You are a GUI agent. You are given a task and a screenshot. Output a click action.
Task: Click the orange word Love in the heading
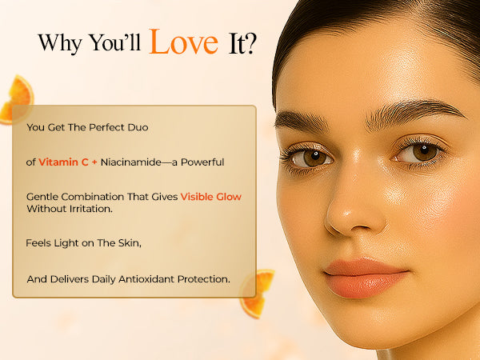pyautogui.click(x=184, y=42)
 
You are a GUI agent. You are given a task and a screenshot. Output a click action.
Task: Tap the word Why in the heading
pyautogui.click(x=60, y=43)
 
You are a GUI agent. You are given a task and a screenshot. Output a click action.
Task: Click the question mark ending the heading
pyautogui.click(x=250, y=43)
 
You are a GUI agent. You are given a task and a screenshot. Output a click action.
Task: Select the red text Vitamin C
pyautogui.click(x=63, y=162)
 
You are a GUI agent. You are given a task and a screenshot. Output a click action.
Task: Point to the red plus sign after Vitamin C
pyautogui.click(x=94, y=162)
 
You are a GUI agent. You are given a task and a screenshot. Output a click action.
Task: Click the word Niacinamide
pyautogui.click(x=130, y=162)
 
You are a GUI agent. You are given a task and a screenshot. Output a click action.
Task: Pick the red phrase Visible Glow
pyautogui.click(x=211, y=197)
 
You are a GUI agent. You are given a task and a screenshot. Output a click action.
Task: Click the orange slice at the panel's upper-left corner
pyautogui.click(x=18, y=99)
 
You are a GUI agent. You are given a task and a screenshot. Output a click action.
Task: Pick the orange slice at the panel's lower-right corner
pyautogui.click(x=257, y=294)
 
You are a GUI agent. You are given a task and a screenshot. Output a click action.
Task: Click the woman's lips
pyautogui.click(x=366, y=278)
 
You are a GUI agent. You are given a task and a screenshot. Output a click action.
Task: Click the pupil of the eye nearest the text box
pyautogui.click(x=314, y=157)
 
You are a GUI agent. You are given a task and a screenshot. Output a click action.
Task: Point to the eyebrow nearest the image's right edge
pyautogui.click(x=414, y=114)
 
